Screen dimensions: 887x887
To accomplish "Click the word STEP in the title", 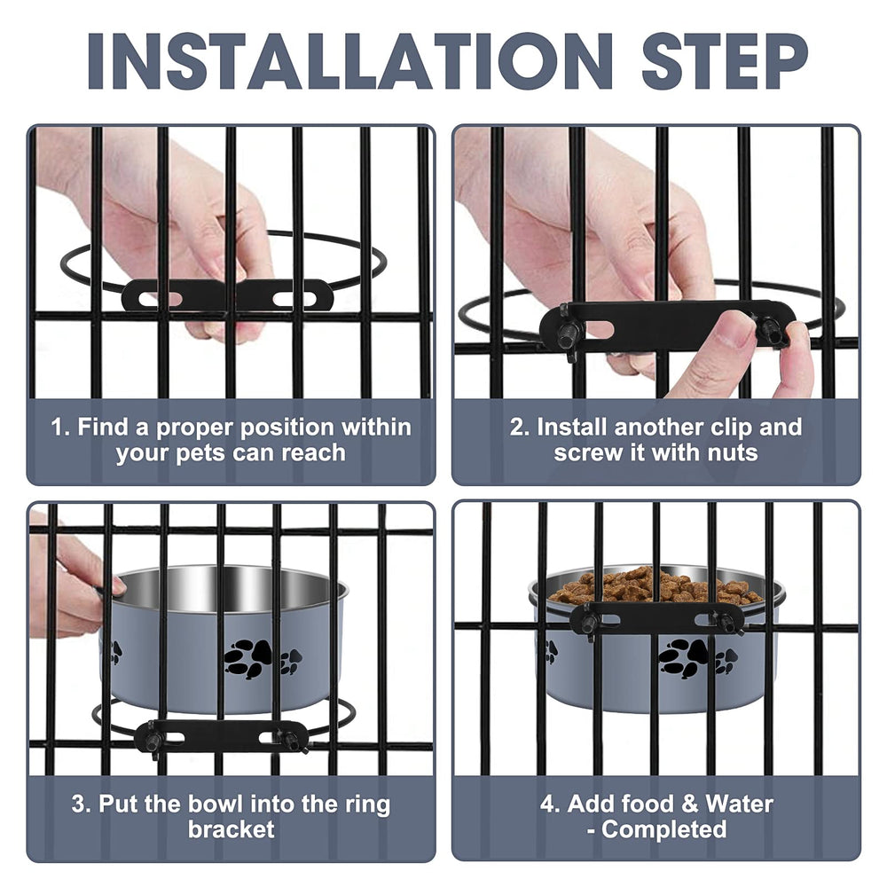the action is pyautogui.click(x=725, y=61).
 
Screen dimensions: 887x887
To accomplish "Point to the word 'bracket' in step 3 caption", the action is pyautogui.click(x=231, y=830).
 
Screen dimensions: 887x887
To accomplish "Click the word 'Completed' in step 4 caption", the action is pyautogui.click(x=664, y=830).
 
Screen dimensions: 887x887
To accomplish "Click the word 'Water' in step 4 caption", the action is pyautogui.click(x=740, y=804).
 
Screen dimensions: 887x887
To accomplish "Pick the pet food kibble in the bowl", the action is pyautogui.click(x=656, y=585).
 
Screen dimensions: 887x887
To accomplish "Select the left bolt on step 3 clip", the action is pyautogui.click(x=153, y=740).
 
